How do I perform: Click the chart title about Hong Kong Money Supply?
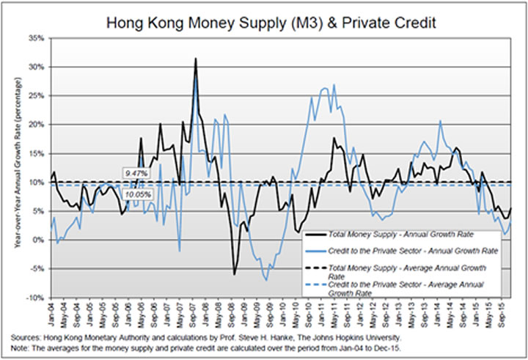(272, 22)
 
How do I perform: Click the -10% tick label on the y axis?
(34, 298)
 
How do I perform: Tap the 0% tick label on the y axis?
(37, 240)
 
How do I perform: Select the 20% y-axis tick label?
(35, 124)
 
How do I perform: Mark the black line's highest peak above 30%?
(196, 59)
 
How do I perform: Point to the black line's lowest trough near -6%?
(235, 273)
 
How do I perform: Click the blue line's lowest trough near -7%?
(267, 280)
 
